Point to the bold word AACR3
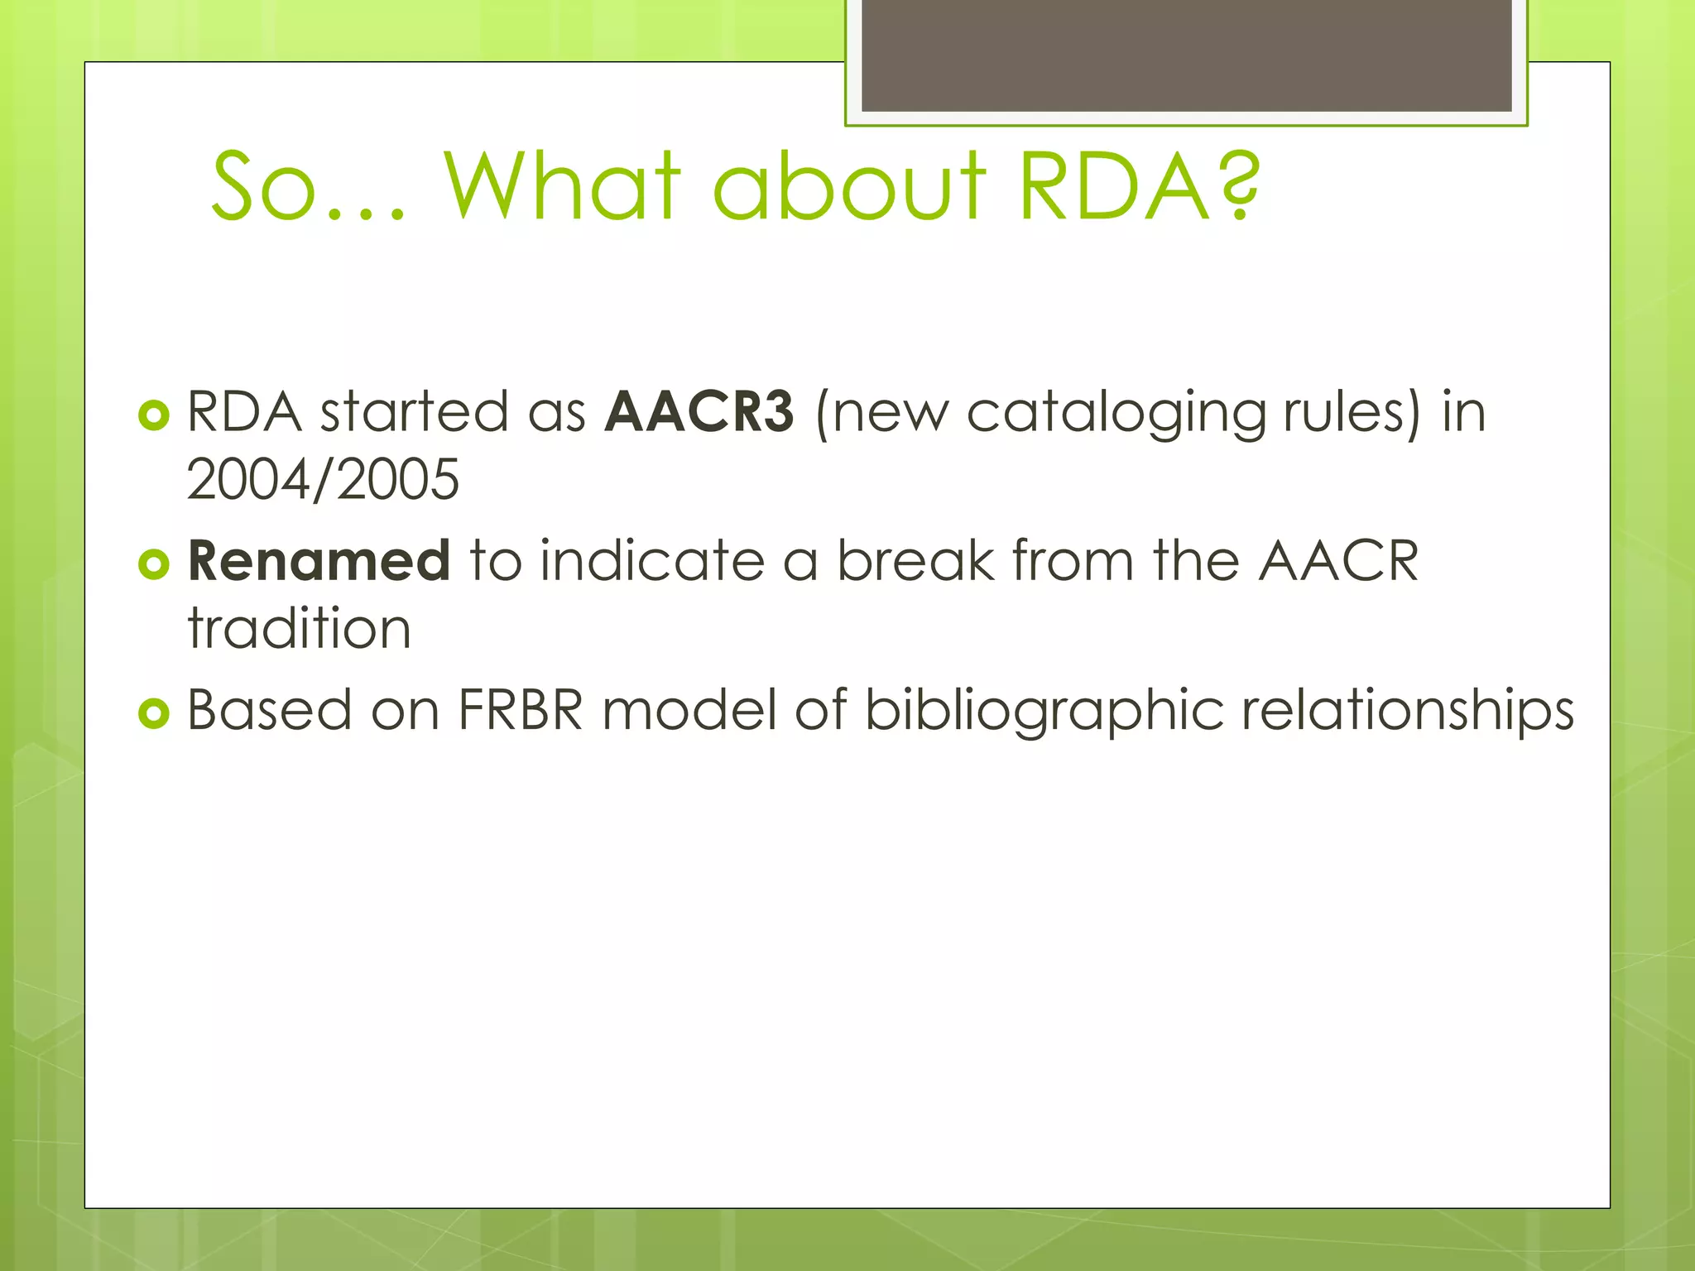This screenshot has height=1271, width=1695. tap(699, 411)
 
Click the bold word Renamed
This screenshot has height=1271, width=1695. tap(319, 560)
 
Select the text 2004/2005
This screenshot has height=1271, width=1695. tap(323, 479)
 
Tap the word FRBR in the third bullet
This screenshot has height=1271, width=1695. tap(521, 710)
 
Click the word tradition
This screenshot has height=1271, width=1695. tap(299, 628)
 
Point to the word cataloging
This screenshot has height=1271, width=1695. tap(1116, 413)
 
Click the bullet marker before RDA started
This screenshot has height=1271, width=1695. tap(154, 415)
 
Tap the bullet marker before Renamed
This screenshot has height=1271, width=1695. tap(154, 564)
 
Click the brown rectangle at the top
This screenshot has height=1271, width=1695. tap(1186, 55)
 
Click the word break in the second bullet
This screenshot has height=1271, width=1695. tap(915, 560)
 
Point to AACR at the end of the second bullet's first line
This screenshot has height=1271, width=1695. tap(1338, 560)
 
